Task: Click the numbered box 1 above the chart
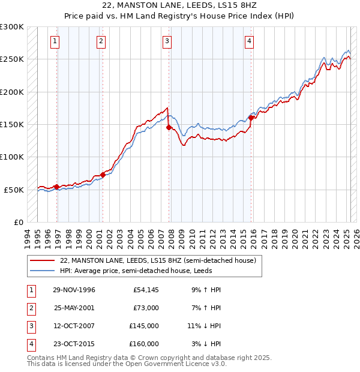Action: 55,41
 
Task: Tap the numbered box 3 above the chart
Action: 166,41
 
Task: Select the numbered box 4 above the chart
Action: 248,41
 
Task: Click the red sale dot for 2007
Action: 169,127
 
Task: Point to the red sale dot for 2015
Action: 251,118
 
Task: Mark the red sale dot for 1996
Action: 57,187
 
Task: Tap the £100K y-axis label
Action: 12,157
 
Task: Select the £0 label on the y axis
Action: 18,222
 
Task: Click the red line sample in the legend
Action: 42,261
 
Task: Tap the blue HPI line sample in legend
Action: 42,271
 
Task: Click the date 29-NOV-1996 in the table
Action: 74,290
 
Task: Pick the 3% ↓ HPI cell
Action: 206,344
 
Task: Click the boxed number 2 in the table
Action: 29,308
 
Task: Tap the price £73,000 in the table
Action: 146,308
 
